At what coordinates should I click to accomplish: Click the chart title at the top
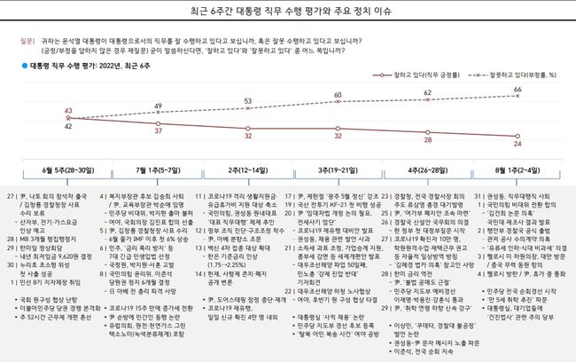coord(289,12)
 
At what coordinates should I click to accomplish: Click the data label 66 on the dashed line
coord(517,90)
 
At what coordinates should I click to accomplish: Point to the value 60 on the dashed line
coord(338,95)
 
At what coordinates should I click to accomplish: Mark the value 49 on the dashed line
coord(158,106)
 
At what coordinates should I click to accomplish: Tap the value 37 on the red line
coord(158,130)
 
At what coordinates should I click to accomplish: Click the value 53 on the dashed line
coord(248,102)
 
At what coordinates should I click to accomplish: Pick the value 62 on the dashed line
coord(427,92)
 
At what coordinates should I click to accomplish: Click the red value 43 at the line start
coord(68,111)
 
